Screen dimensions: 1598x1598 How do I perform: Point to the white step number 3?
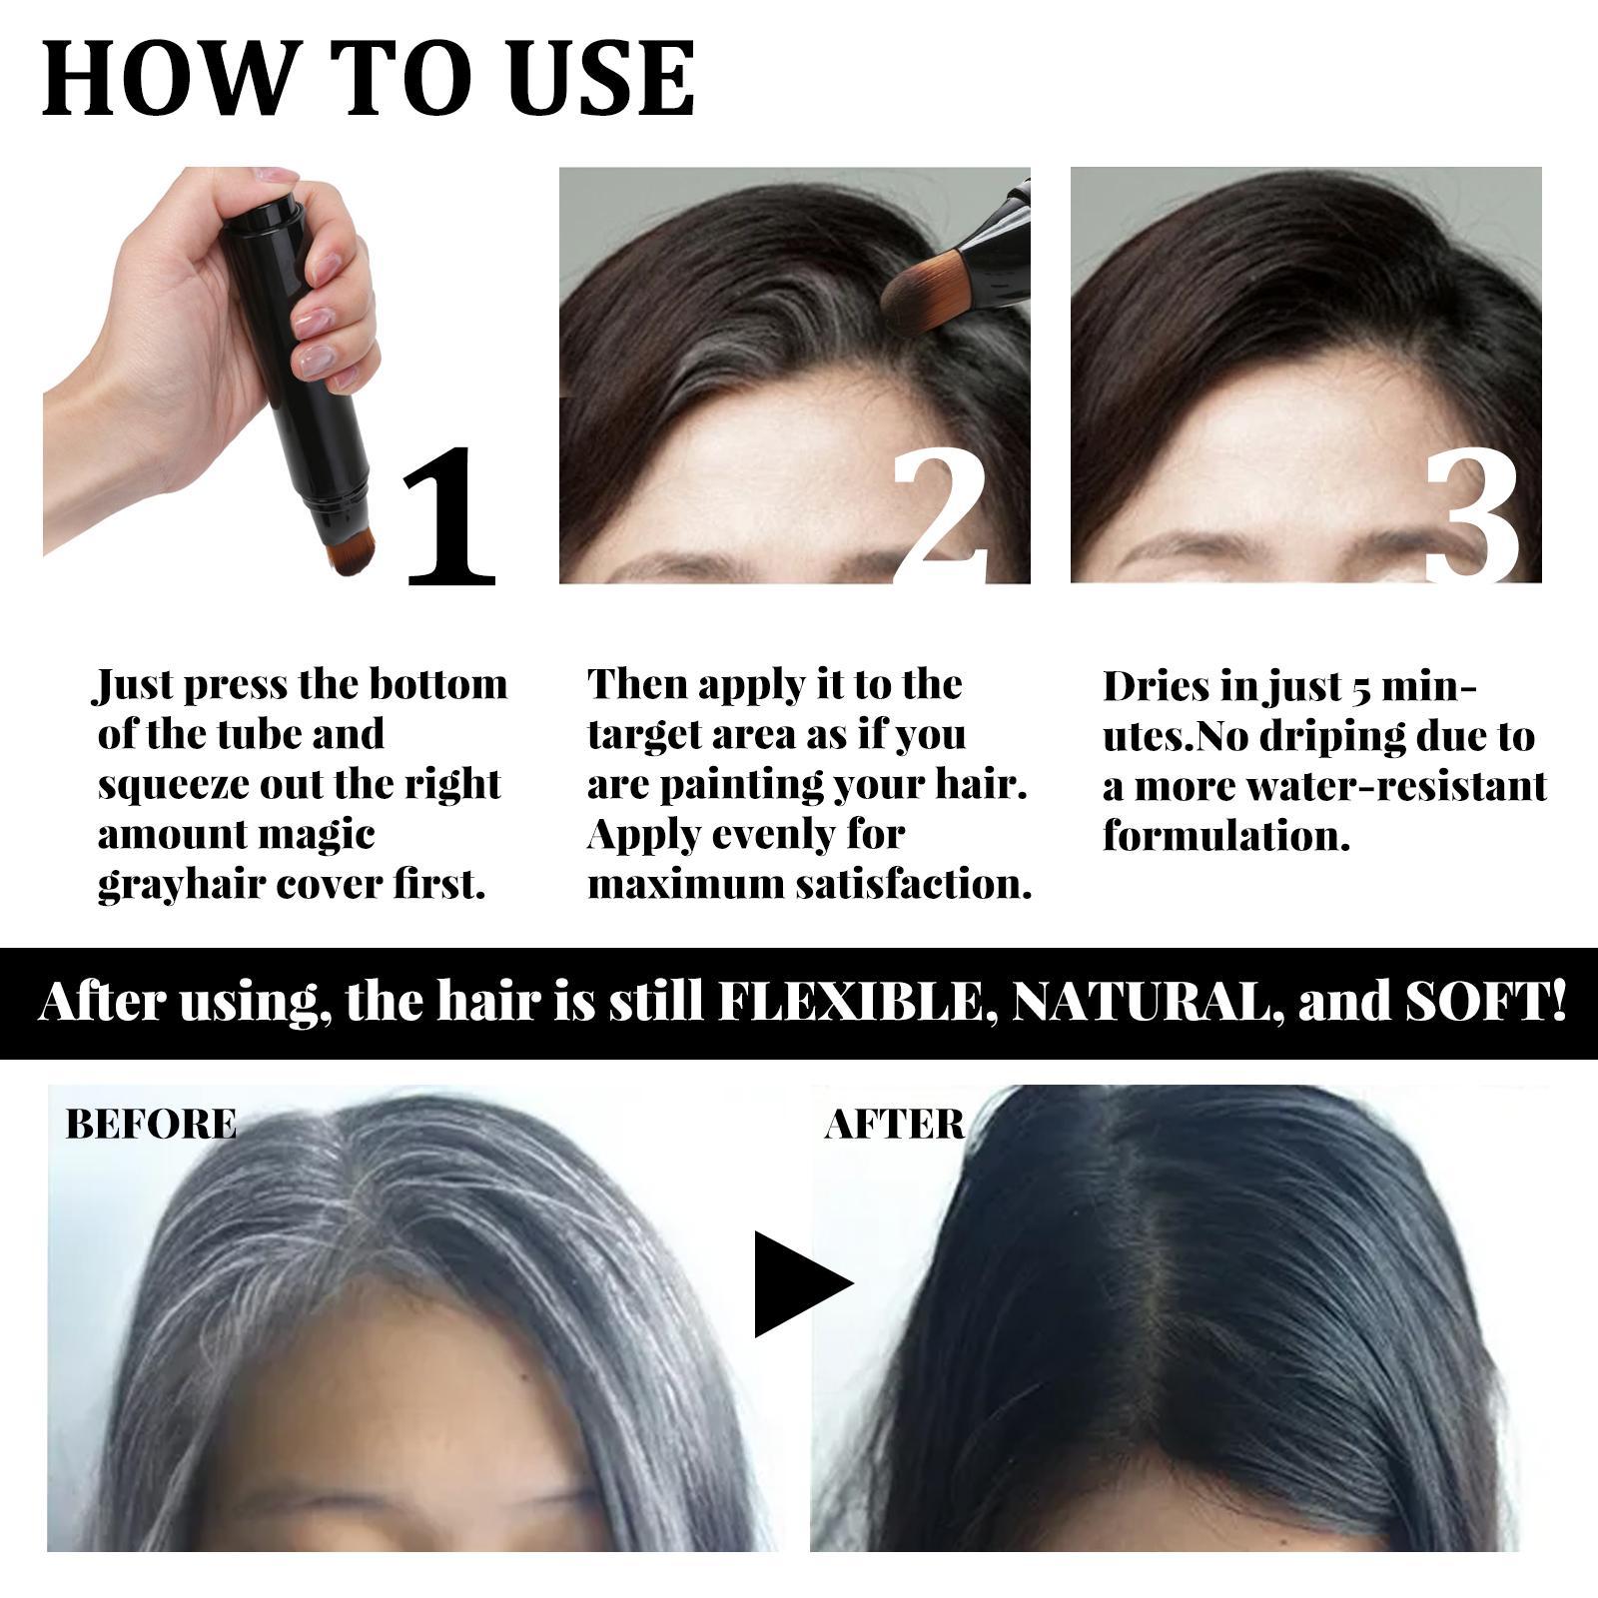(x=1472, y=519)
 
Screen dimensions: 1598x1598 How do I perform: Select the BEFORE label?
(x=151, y=1125)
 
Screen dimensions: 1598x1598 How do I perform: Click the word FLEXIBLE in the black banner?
(x=858, y=1003)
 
